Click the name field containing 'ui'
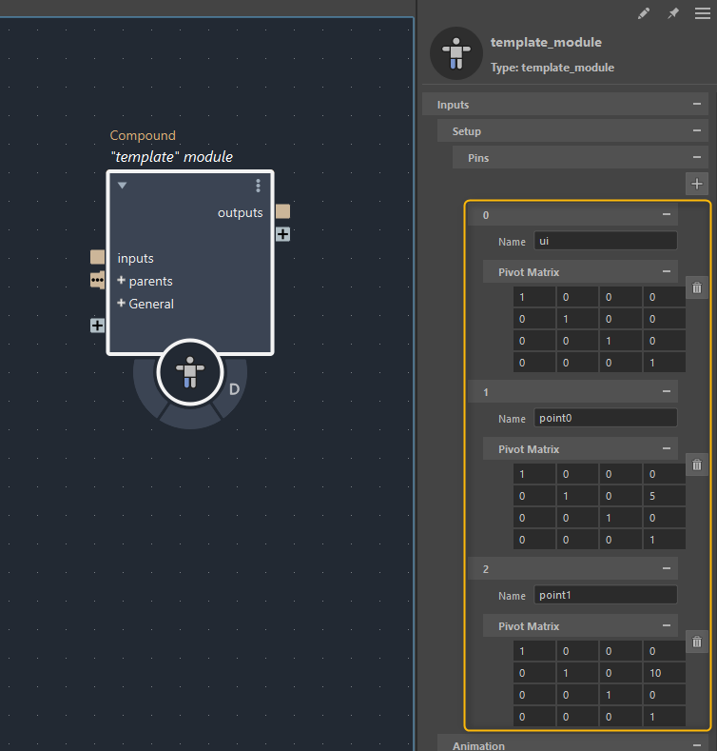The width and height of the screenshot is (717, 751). (605, 241)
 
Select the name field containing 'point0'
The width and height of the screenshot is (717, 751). (605, 418)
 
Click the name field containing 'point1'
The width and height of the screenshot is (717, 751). (605, 595)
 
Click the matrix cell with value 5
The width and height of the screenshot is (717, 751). (663, 495)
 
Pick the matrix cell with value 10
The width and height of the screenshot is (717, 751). (663, 673)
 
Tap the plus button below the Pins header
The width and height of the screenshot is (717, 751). (697, 183)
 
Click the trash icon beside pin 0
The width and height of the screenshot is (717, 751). (697, 287)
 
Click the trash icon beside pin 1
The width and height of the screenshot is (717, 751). (697, 464)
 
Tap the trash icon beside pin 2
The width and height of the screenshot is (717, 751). (697, 642)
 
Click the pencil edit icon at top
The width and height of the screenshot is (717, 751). (644, 14)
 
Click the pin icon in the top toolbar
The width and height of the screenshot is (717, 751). (673, 14)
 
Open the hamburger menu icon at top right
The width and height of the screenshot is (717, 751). (702, 14)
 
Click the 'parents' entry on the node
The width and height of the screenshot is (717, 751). (150, 281)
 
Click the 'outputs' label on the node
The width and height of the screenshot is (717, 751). (240, 212)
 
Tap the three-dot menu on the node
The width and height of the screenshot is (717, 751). (258, 186)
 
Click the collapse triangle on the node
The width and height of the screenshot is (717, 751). (122, 186)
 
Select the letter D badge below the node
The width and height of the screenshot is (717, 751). (234, 388)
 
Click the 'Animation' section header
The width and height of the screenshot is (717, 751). (478, 745)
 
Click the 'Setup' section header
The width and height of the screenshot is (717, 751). (467, 131)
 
